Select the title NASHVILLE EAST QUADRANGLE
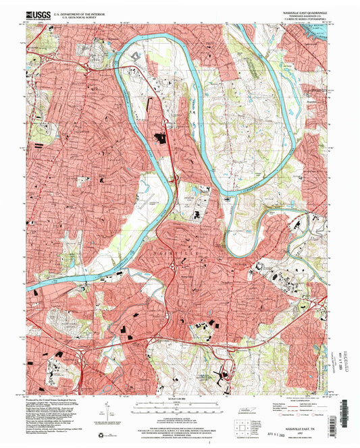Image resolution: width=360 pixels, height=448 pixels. (300, 11)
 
